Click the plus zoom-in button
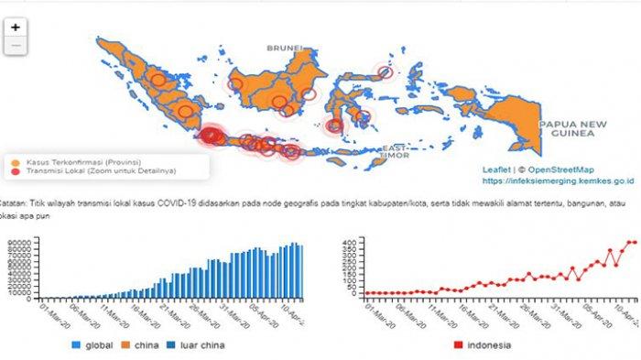coord(15,27)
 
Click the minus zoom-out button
coord(15,44)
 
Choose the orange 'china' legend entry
coord(144,345)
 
